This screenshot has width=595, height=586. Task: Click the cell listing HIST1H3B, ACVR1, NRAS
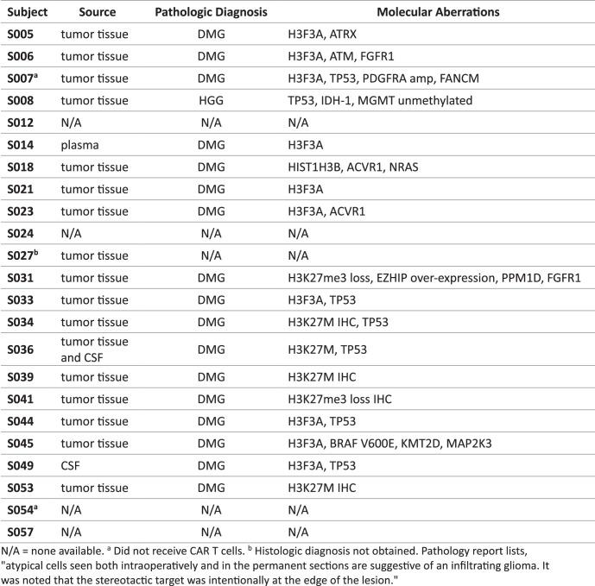click(x=356, y=167)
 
